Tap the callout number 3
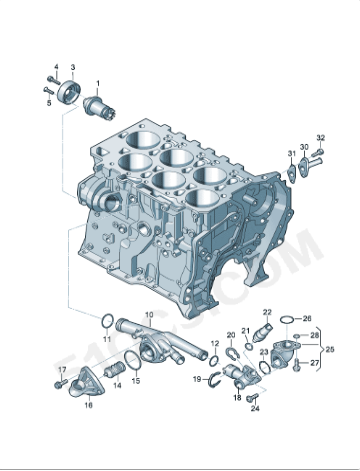(72, 67)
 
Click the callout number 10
(150, 315)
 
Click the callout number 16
(88, 405)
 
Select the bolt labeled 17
(60, 383)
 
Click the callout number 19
(196, 379)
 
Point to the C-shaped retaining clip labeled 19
(211, 378)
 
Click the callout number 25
(331, 349)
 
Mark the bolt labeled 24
(253, 397)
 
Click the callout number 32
(321, 137)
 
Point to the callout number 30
(304, 146)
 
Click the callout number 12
(214, 343)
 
